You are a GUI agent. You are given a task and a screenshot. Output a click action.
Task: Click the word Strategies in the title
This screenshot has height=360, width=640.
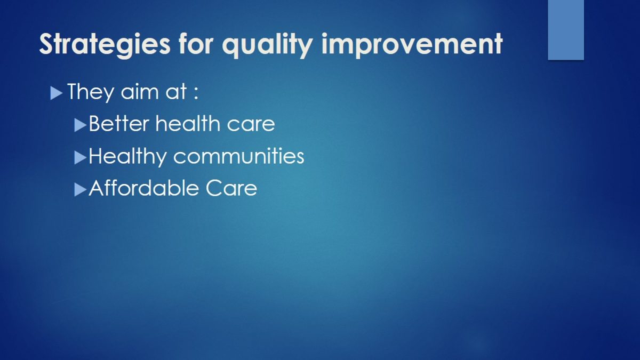pos(105,45)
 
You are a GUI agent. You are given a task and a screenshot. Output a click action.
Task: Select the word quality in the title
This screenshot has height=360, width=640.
pos(267,45)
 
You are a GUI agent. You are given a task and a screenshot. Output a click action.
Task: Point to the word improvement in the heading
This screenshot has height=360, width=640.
pos(412,45)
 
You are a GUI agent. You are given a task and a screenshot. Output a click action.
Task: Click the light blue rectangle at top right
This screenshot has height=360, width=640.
pos(566,30)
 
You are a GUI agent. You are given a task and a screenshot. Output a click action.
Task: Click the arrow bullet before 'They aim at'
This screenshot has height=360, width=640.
pos(57,93)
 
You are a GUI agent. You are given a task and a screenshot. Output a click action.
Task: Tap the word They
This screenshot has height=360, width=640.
pos(90,92)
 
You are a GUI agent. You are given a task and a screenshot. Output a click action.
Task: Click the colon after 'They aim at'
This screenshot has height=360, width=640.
pos(196,93)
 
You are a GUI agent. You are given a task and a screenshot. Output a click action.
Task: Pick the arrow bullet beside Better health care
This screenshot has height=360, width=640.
pos(81,125)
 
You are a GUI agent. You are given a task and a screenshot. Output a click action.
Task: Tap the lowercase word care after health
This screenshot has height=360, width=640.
pos(251,125)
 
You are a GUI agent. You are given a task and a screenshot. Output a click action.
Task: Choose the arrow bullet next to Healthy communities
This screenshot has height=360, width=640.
pos(81,158)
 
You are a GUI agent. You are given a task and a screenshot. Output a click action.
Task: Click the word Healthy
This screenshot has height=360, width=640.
pos(127,157)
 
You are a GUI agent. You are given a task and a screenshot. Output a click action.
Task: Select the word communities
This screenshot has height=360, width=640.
pos(239,157)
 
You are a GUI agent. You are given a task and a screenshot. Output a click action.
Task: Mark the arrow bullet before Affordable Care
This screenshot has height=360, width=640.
pos(81,190)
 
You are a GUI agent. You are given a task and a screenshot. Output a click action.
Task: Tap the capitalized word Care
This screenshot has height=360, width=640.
pos(231,188)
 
